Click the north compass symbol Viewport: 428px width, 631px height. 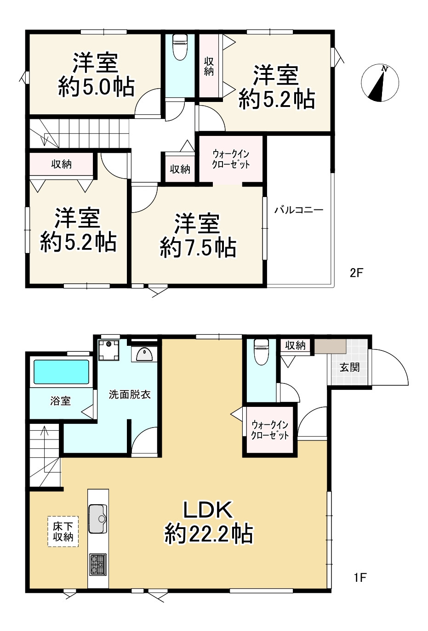point(380,83)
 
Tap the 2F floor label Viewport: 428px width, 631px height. point(356,273)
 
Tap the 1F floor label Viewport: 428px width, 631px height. point(360,577)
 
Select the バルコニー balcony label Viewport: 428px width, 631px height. point(299,210)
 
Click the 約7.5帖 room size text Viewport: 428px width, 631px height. point(198,248)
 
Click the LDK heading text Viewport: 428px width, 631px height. point(208,510)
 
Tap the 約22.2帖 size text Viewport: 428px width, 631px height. point(208,534)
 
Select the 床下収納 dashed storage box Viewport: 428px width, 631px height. point(63,531)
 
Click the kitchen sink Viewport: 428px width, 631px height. point(97,519)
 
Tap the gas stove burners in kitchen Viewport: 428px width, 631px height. point(97,564)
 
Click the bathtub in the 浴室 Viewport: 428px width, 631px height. point(62,372)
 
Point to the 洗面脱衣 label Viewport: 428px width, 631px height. point(130,394)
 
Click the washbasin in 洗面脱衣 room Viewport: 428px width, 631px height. point(143,354)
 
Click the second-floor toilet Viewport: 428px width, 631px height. point(179,47)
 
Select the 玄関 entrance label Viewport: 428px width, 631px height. point(349,367)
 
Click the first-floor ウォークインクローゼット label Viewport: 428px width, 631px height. point(270,430)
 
